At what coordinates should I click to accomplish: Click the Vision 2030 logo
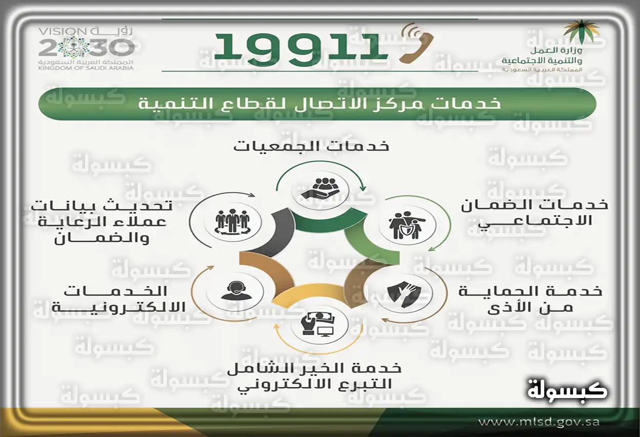[x=86, y=49]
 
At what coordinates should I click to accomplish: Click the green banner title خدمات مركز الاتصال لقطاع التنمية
[x=319, y=104]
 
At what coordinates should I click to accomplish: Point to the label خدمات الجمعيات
[x=311, y=147]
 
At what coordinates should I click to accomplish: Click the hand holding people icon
[x=321, y=189]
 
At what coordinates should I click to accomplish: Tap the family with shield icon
[x=407, y=225]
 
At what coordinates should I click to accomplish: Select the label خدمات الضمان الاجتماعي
[x=535, y=213]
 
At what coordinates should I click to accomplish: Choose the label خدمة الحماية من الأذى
[x=530, y=299]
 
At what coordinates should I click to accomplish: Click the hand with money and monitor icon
[x=317, y=324]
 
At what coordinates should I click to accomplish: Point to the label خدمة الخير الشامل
[x=314, y=368]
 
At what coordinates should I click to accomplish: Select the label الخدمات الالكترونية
[x=119, y=299]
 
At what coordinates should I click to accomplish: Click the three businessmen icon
[x=232, y=222]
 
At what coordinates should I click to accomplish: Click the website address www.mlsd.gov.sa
[x=539, y=422]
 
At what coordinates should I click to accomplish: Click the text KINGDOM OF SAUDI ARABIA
[x=86, y=68]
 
